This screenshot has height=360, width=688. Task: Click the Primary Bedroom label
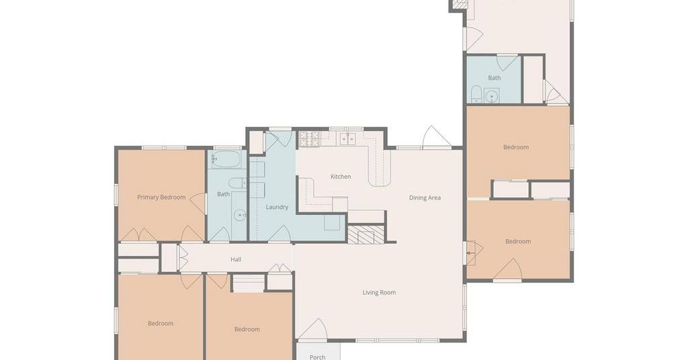coord(161,197)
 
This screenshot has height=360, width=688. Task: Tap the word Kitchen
coord(341,177)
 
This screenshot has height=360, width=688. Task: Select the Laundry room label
coord(277,207)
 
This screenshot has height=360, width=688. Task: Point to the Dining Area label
coord(425,197)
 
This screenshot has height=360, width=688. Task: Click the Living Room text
coord(379,292)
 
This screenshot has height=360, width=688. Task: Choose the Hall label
coord(236,259)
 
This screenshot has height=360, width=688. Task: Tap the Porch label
coord(317,357)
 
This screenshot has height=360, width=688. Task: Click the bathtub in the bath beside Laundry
coord(226,160)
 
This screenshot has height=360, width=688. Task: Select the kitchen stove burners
coord(310,139)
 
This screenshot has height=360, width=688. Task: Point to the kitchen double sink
coord(348,138)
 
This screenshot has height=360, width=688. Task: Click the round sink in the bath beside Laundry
coord(240,216)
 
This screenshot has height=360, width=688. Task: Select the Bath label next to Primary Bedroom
coord(223,194)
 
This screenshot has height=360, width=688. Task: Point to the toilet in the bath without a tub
coord(476,94)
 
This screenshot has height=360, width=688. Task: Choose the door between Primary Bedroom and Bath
coord(198,204)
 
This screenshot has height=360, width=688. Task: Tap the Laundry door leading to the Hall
coord(279,233)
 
